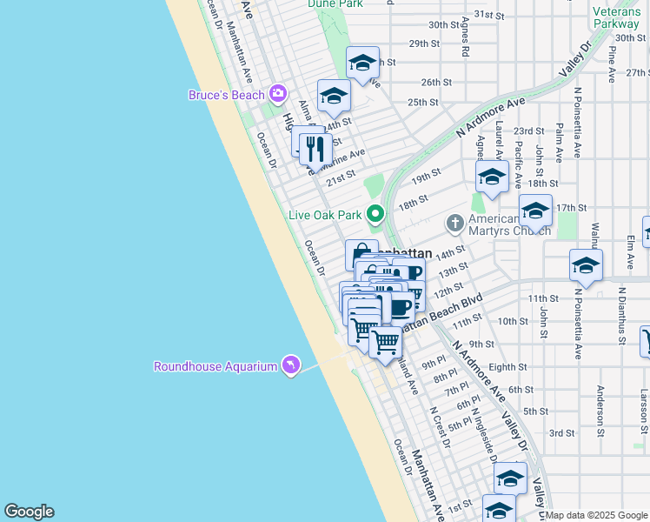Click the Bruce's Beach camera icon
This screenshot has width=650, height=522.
pyautogui.click(x=278, y=93)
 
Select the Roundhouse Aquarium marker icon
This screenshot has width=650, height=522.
pyautogui.click(x=290, y=365)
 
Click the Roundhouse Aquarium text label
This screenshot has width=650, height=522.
pyautogui.click(x=216, y=366)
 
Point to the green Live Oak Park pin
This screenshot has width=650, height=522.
pyautogui.click(x=375, y=213)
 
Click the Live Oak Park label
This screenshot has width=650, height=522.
pyautogui.click(x=325, y=215)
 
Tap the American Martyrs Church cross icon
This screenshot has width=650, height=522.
pyautogui.click(x=454, y=224)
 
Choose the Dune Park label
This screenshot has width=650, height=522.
pyautogui.click(x=335, y=3)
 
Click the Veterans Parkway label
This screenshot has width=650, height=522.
pyautogui.click(x=616, y=17)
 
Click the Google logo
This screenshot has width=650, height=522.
pyautogui.click(x=29, y=512)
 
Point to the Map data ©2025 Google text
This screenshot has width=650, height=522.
pyautogui.click(x=596, y=515)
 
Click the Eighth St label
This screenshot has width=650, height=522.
pyautogui.click(x=507, y=367)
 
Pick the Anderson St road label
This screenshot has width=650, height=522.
pyautogui.click(x=600, y=407)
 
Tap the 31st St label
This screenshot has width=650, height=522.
pyautogui.click(x=490, y=16)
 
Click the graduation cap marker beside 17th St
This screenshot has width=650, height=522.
pyautogui.click(x=535, y=211)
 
